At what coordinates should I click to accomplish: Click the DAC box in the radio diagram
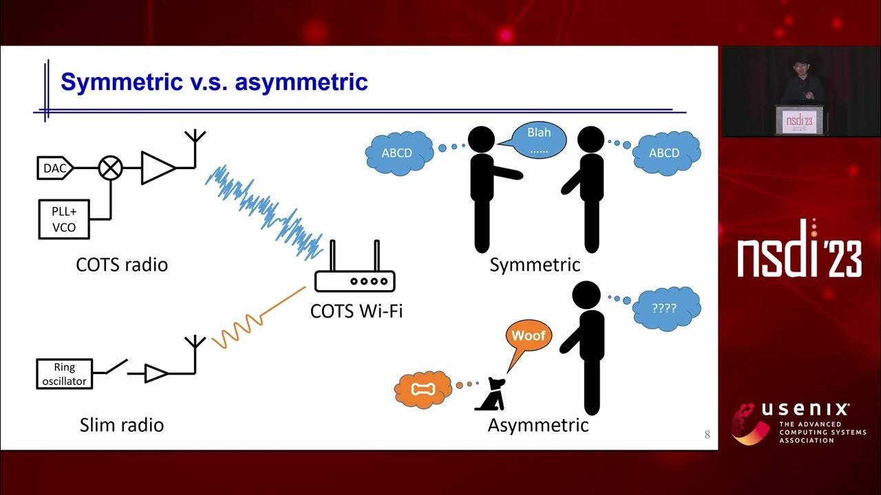[x=55, y=168]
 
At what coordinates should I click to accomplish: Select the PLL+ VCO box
[x=63, y=219]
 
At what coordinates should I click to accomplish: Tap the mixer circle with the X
[x=110, y=168]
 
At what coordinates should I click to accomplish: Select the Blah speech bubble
[x=539, y=140]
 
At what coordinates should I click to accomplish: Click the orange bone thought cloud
[x=422, y=389]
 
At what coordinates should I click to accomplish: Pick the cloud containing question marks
[x=666, y=309]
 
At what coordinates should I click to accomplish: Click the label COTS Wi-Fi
[x=356, y=311]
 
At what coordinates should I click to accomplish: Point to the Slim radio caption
[x=121, y=425]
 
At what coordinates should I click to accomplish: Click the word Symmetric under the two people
[x=535, y=265]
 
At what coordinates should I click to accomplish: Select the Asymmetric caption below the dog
[x=538, y=425]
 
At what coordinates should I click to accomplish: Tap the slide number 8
[x=707, y=434]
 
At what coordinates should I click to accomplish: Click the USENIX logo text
[x=806, y=410]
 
